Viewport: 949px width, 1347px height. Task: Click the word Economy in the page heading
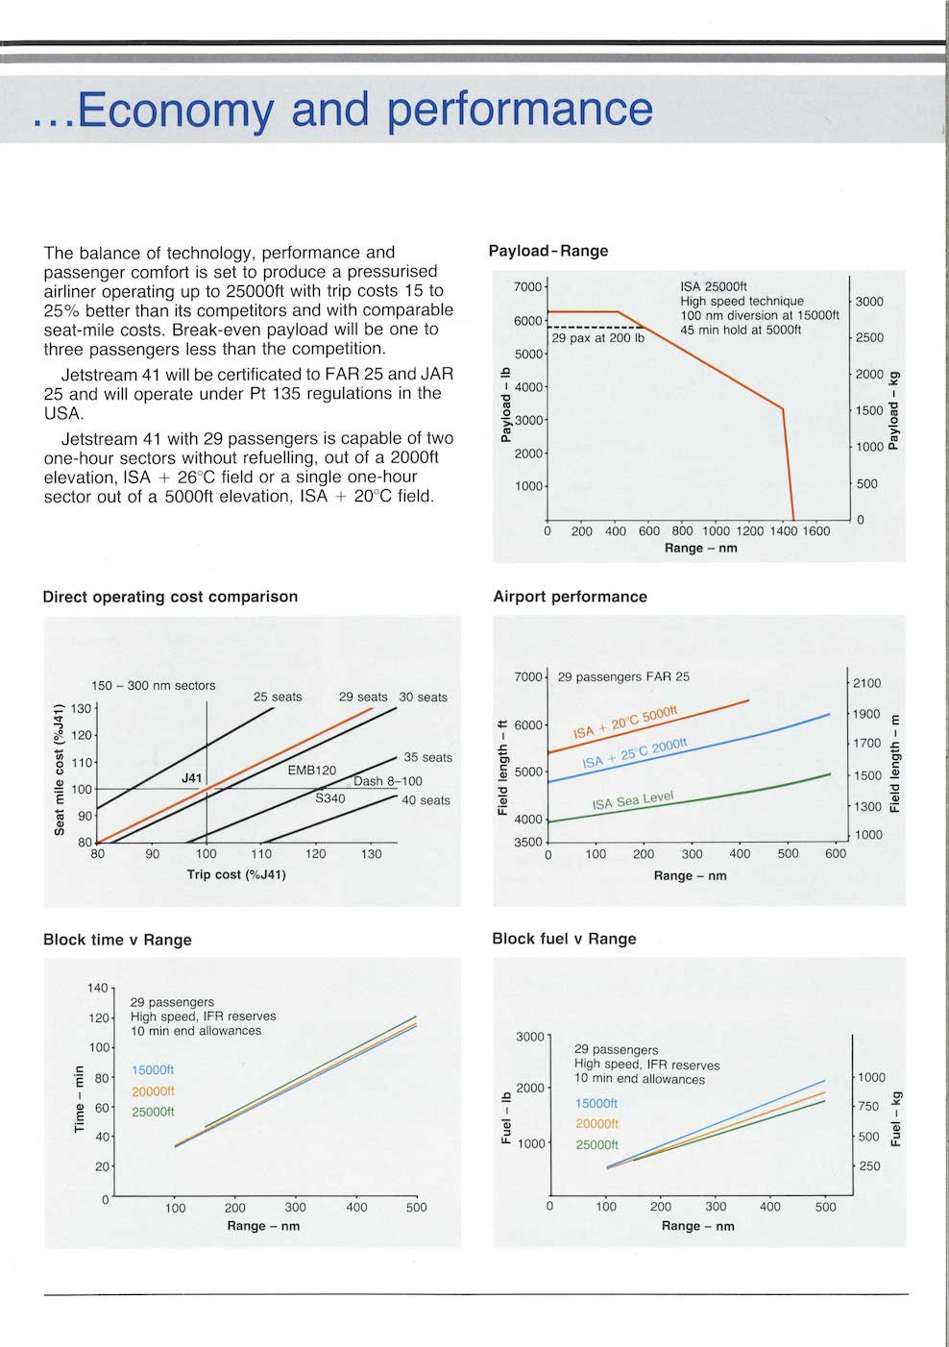coord(175,110)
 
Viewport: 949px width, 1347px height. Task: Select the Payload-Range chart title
coord(547,251)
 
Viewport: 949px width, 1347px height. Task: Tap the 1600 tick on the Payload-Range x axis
coord(815,531)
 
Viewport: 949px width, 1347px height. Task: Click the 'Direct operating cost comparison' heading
coord(170,597)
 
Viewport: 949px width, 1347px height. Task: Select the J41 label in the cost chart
coord(192,777)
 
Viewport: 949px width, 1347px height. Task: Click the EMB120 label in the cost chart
coord(312,771)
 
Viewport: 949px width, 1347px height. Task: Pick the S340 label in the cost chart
coord(329,798)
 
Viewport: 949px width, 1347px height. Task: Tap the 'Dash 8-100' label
coord(387,781)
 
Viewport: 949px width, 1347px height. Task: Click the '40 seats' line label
coord(426,800)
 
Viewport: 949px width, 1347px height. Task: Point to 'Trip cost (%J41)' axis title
coord(236,874)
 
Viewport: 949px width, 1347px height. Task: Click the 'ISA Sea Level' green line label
coord(632,800)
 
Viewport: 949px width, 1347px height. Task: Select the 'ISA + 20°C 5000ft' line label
coord(625,722)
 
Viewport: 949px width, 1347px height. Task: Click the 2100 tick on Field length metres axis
coord(866,683)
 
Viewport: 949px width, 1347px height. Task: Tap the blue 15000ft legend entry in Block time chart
coord(153,1070)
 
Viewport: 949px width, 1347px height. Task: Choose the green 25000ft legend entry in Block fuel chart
coord(596,1145)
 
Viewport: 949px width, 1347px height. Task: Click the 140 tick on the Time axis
coord(98,988)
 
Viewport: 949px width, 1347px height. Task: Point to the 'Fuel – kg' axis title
coord(896,1118)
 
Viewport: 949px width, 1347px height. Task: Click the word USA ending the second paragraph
coord(63,413)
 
